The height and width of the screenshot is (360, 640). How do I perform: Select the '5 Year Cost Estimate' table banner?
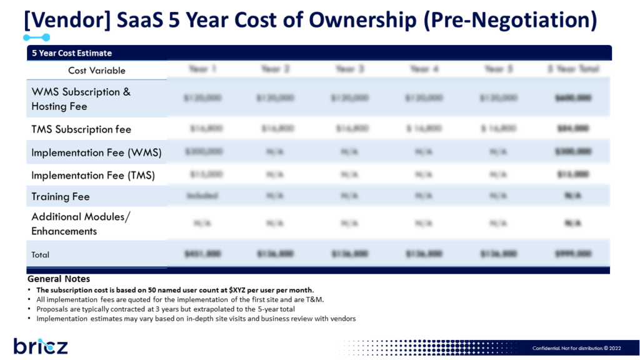[72, 53]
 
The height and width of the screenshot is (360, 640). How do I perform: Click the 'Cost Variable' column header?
[97, 71]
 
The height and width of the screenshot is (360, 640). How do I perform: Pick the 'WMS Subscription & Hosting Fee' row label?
[81, 99]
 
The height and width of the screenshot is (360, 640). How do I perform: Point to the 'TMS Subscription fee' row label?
[81, 129]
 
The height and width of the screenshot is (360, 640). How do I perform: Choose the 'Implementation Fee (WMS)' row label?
[96, 152]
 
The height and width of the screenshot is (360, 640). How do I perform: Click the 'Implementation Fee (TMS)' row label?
[93, 176]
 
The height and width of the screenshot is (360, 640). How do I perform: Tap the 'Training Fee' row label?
[61, 197]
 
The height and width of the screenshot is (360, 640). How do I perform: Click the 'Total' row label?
[41, 255]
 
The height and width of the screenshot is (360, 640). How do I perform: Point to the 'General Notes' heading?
[59, 279]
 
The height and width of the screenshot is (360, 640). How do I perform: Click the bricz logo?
[41, 346]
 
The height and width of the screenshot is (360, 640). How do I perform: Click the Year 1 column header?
[202, 69]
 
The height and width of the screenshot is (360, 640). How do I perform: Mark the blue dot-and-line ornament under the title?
[36, 38]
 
